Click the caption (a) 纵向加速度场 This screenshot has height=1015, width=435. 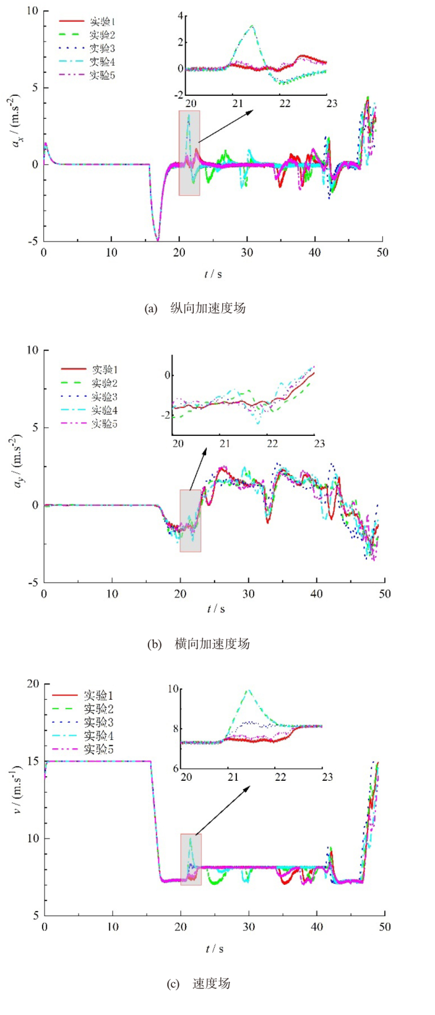(x=195, y=308)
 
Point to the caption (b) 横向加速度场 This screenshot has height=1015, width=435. (x=199, y=644)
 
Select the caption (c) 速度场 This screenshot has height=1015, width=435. (x=199, y=984)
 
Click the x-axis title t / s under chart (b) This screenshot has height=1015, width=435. (x=215, y=609)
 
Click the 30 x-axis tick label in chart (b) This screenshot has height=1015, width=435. (x=249, y=593)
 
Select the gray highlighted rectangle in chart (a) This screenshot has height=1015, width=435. (x=189, y=153)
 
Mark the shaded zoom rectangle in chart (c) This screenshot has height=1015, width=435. (x=191, y=859)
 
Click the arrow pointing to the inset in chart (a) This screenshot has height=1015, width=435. (x=225, y=125)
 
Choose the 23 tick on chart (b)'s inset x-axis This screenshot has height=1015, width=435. (x=319, y=444)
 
